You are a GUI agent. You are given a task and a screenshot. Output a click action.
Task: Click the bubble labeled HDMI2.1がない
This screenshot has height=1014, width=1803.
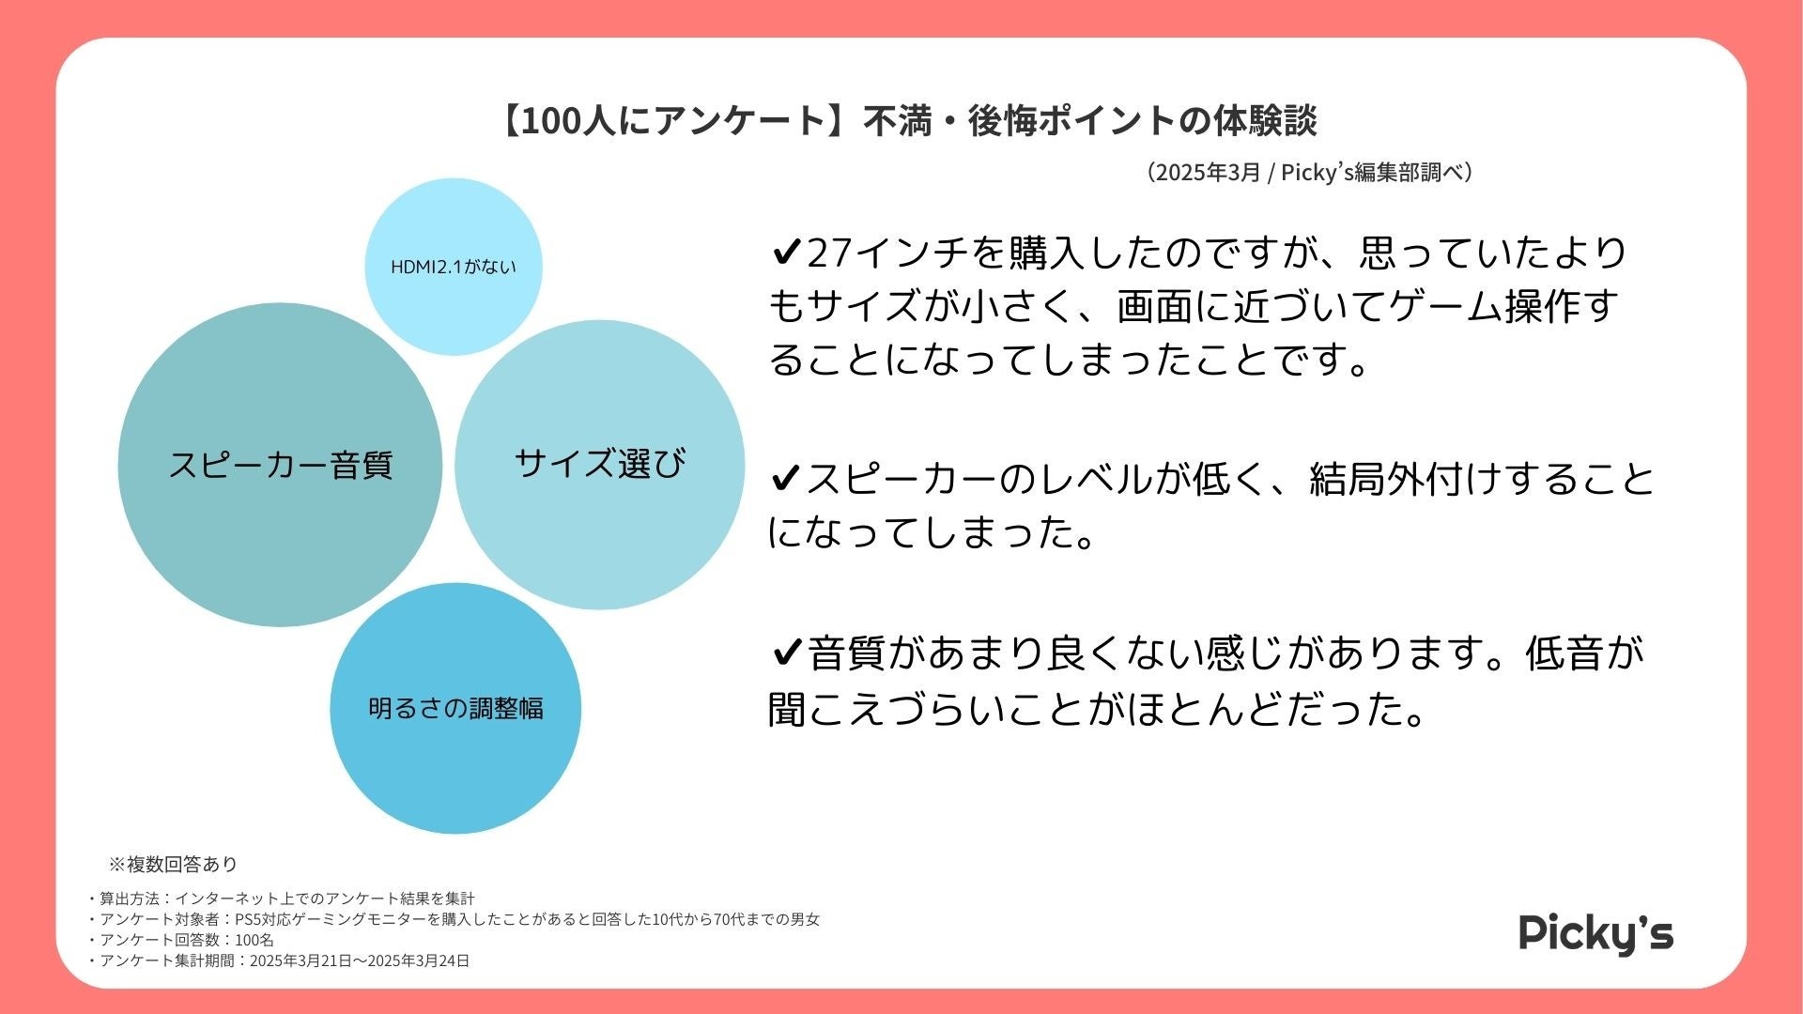point(454,267)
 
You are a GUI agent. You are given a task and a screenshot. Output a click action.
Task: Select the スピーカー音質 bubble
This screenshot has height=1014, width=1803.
point(280,465)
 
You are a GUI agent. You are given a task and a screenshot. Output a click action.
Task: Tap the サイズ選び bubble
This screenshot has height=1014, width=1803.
point(600,464)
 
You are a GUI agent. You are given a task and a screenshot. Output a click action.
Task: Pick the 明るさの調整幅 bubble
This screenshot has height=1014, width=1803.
point(455,708)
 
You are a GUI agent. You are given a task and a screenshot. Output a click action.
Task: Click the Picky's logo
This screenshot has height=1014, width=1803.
point(1595,933)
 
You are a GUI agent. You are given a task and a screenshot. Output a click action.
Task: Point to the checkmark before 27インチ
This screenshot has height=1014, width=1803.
point(785,253)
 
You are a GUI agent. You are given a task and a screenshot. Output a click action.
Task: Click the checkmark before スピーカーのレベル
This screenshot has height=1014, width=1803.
point(785,480)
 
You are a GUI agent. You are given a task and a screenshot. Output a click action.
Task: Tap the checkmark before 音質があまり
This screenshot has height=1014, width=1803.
point(785,653)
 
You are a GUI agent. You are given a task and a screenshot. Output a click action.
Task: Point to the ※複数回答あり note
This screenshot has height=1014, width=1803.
point(173,864)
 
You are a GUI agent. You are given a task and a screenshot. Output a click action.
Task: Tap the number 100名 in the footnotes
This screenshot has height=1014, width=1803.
point(254,940)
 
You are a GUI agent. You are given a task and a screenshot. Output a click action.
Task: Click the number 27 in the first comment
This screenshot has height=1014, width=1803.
point(827,253)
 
